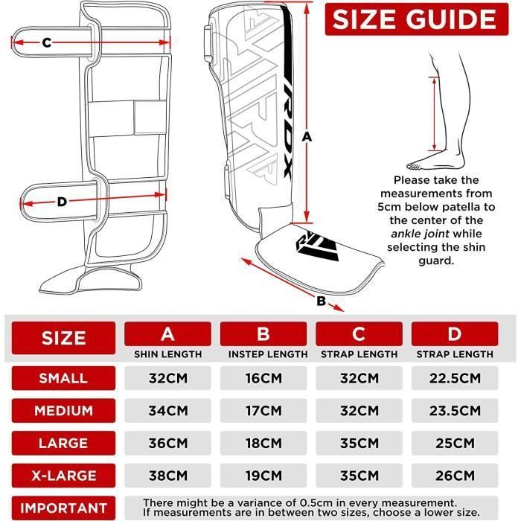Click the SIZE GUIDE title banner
tap(417, 19)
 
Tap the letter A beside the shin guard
tap(307, 136)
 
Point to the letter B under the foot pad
tap(321, 301)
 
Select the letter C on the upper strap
tap(47, 42)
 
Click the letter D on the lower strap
tap(62, 202)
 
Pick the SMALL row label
tap(63, 378)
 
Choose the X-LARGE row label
tap(63, 476)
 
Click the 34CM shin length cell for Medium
tap(167, 411)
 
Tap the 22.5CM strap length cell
tap(455, 378)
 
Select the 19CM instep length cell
tap(263, 476)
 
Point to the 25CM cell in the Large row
tap(455, 443)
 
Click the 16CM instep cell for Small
tap(263, 378)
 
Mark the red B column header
tap(263, 334)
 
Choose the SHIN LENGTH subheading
tap(167, 354)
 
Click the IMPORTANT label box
tap(63, 508)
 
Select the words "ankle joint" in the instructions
tap(420, 234)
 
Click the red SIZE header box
tap(63, 338)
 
